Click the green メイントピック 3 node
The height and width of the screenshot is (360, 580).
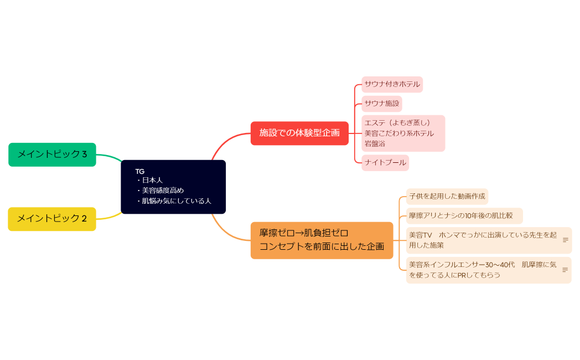(52, 155)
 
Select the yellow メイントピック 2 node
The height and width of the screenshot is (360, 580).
(52, 219)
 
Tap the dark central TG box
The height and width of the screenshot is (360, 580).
(173, 187)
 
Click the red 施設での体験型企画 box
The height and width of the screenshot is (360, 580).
(299, 133)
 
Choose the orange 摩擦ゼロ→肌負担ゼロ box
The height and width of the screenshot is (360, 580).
(322, 240)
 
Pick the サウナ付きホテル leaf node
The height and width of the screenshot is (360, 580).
(392, 85)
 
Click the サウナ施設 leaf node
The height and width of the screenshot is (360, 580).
(382, 104)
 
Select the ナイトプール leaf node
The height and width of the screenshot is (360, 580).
(385, 163)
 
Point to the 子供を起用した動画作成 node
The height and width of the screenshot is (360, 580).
(447, 196)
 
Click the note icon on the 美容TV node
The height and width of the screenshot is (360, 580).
(565, 240)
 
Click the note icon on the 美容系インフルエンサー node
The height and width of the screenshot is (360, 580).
(565, 270)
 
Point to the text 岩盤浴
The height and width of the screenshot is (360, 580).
(375, 143)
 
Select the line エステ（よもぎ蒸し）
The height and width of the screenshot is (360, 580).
(397, 123)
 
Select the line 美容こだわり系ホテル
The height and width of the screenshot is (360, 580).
(399, 133)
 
